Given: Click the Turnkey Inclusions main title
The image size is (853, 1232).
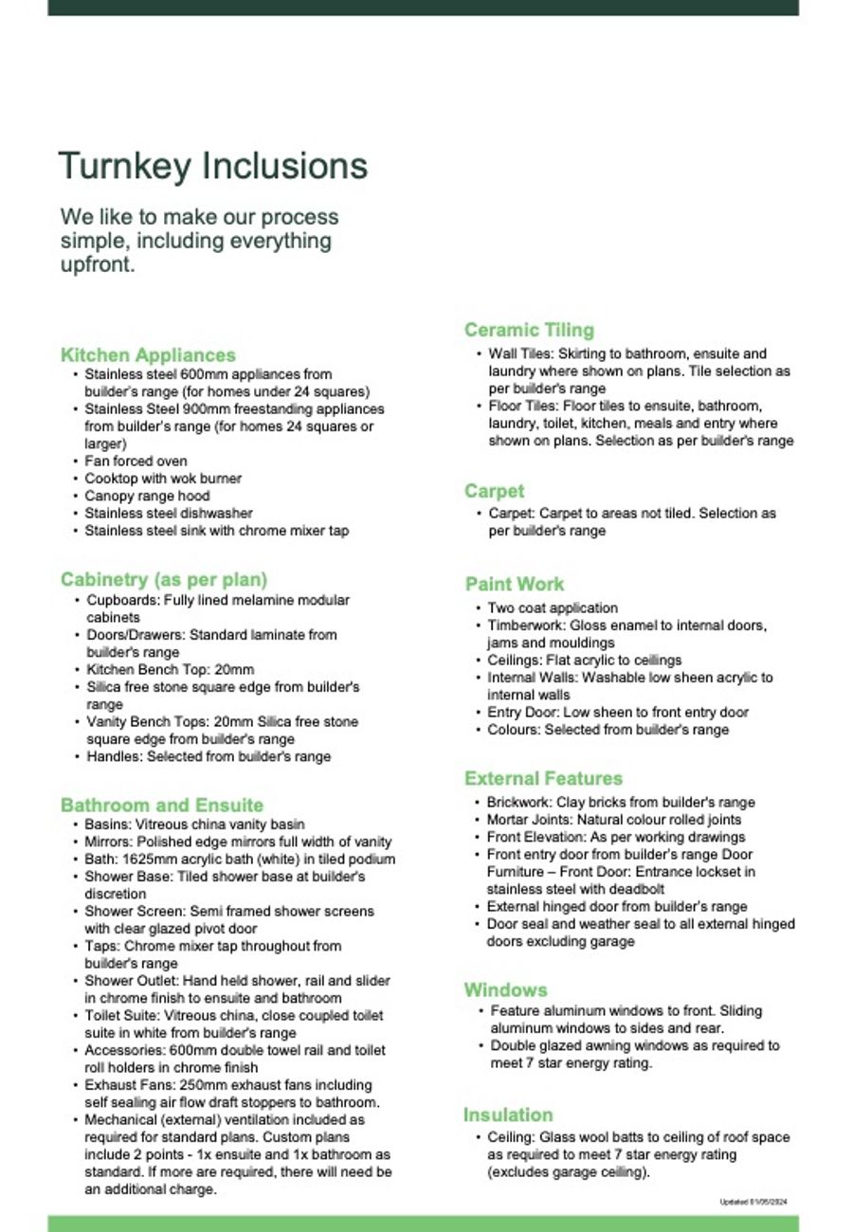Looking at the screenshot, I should (x=212, y=167).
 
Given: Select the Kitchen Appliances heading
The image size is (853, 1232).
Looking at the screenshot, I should (x=148, y=355).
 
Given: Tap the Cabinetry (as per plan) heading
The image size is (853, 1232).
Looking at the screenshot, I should (x=164, y=579).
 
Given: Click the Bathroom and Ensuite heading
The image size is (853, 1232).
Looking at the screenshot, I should (x=162, y=806).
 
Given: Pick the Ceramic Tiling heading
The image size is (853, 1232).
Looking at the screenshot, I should (x=529, y=331).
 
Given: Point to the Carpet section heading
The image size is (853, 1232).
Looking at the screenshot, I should (x=494, y=491).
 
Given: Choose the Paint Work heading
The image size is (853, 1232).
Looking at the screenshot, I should (x=515, y=584).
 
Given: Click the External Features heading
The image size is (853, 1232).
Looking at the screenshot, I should (x=543, y=779).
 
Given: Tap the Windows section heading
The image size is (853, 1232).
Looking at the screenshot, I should (x=505, y=990).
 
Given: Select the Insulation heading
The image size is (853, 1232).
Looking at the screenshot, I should (x=508, y=1115).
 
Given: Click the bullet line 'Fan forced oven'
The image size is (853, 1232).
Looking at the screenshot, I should (x=136, y=462).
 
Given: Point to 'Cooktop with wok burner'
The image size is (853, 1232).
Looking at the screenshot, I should (x=163, y=479).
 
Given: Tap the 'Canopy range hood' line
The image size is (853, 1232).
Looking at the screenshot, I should (x=147, y=496).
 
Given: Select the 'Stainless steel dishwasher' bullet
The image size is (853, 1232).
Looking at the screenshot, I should (x=169, y=514).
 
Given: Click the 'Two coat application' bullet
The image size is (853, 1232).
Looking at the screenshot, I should (x=553, y=608).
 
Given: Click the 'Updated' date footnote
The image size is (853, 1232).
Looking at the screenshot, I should (x=753, y=1203).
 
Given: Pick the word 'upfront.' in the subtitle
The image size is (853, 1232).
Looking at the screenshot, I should (x=99, y=264).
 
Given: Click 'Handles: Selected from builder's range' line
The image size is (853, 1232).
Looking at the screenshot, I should (x=209, y=756).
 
